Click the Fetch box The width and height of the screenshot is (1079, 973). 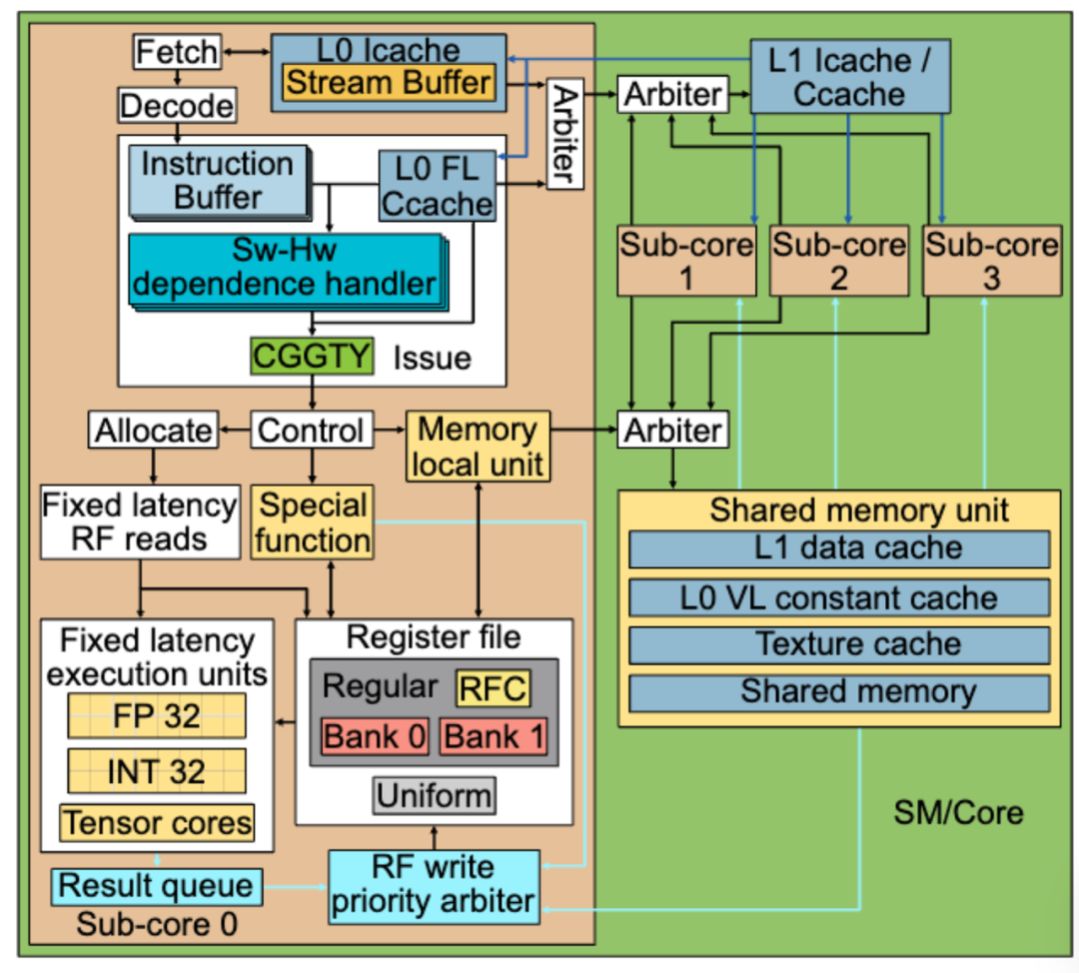coord(176,52)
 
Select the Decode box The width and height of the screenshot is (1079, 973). coord(177,105)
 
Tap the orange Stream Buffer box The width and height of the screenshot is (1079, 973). coord(388,82)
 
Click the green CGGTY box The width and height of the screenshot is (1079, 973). coord(313,357)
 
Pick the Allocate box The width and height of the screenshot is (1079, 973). coord(153,431)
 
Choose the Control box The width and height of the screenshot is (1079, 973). coord(311,431)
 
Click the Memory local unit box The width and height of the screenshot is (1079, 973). coord(477,446)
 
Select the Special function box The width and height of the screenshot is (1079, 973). coord(312,522)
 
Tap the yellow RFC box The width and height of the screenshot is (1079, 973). coord(492,687)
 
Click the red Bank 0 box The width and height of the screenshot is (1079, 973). coord(375,737)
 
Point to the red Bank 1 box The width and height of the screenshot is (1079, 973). coord(494,737)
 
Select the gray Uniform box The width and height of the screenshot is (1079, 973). coord(435,796)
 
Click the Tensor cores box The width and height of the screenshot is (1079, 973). coord(157,822)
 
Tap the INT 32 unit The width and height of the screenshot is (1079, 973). coord(156,770)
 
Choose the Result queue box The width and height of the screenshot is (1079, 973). coord(156,885)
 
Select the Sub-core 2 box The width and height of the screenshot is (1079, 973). coord(839,260)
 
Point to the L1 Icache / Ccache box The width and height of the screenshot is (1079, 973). coord(849,77)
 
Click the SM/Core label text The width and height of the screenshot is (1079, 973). coord(957,812)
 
